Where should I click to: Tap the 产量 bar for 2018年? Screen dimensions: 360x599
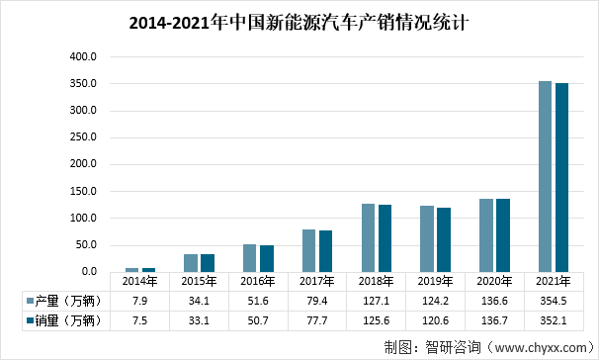368,237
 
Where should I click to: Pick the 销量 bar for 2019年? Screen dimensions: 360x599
444,239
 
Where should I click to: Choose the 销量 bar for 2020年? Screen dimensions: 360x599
502,235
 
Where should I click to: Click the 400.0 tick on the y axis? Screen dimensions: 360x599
82,57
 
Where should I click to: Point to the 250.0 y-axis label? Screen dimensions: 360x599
82,137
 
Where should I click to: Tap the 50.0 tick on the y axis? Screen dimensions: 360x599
84,244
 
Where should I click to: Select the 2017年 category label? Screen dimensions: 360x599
316,281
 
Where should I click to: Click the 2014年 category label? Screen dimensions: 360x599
139,281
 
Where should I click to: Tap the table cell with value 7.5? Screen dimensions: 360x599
139,320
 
